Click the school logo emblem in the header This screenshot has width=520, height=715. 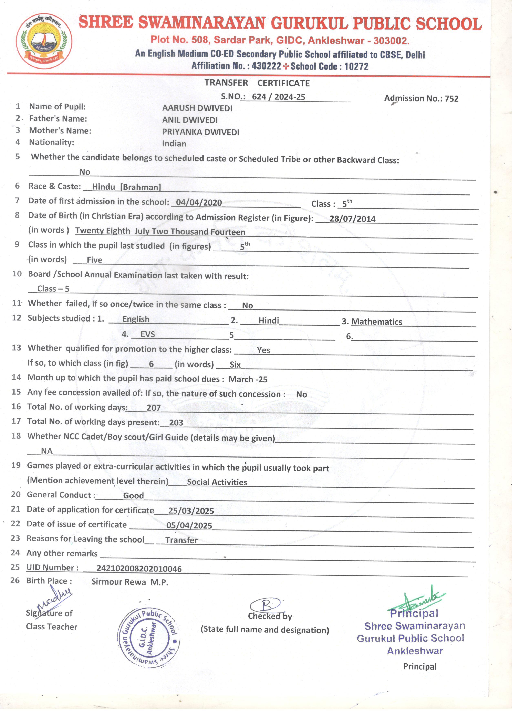click(x=44, y=41)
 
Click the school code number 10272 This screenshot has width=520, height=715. click(x=356, y=66)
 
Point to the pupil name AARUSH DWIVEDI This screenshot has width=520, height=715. click(x=197, y=108)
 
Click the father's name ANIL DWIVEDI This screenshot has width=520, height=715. click(x=190, y=120)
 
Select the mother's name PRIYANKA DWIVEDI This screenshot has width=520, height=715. click(x=201, y=132)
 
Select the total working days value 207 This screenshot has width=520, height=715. click(x=154, y=408)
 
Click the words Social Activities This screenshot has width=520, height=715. click(x=217, y=482)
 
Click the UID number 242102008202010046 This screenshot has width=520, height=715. click(x=139, y=569)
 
